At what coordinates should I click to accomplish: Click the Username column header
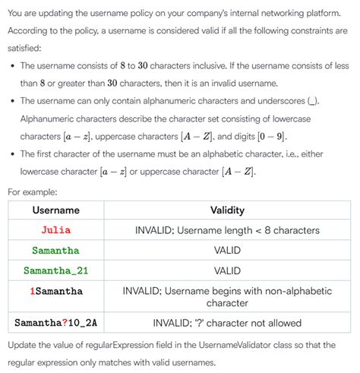click(55, 210)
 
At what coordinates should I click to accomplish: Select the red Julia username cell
click(55, 229)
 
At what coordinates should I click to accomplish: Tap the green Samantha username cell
click(55, 250)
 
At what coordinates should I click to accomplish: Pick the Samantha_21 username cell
click(55, 270)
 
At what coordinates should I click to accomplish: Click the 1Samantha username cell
click(55, 290)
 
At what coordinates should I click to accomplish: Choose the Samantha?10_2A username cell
click(55, 323)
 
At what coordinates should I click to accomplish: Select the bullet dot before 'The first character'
click(13, 154)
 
